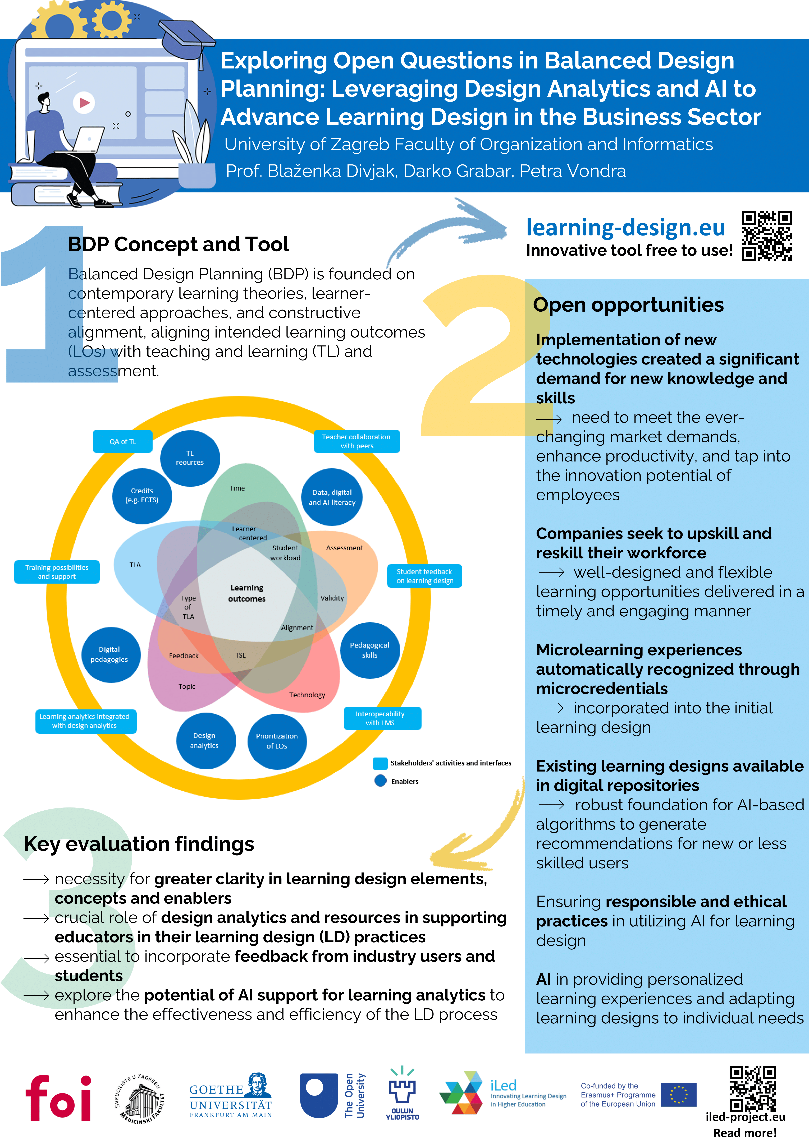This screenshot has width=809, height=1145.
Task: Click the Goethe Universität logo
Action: click(230, 1096)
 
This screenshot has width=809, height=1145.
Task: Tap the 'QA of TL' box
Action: click(123, 441)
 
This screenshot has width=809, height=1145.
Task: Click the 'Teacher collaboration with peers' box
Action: click(357, 441)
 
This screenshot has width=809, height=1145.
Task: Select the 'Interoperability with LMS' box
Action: click(382, 718)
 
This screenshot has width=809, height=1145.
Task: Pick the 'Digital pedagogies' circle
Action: click(110, 654)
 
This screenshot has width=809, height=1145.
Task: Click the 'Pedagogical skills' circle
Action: click(370, 650)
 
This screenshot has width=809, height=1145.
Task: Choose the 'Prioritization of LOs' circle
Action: click(277, 741)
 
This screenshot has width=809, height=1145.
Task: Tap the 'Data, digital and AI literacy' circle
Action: click(332, 497)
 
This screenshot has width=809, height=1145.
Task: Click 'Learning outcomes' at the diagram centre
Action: click(247, 593)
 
